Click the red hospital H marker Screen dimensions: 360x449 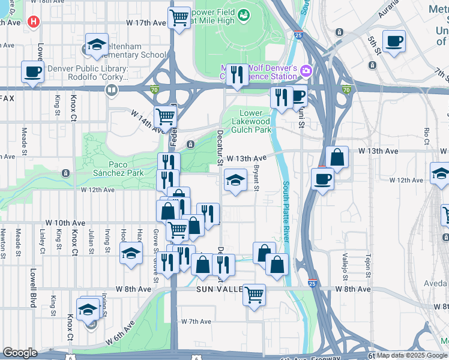pyautogui.click(x=34, y=21)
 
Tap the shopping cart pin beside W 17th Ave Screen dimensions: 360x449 pyautogui.click(x=179, y=19)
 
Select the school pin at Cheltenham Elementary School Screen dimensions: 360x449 pyautogui.click(x=96, y=45)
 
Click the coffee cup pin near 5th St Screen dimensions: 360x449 pyautogui.click(x=394, y=42)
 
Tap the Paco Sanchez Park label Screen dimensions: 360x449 pyautogui.click(x=118, y=169)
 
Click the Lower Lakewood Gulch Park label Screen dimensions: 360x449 pyautogui.click(x=251, y=121)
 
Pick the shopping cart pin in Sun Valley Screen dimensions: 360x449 pyautogui.click(x=255, y=295)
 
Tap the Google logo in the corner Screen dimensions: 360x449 pyautogui.click(x=20, y=353)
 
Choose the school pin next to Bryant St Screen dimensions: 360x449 pyautogui.click(x=235, y=179)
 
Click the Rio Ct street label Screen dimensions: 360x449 pyautogui.click(x=427, y=136)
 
